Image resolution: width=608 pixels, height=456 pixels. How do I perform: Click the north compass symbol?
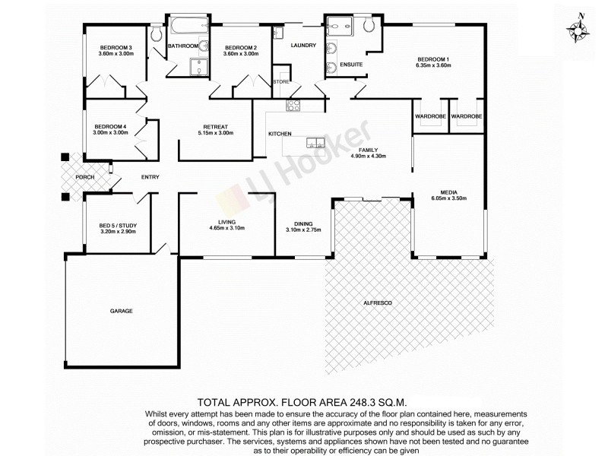579,28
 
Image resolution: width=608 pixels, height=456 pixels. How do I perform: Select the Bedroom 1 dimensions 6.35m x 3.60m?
433,66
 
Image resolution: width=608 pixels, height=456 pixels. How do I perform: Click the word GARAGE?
122,312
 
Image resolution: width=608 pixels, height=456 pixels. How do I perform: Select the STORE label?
281,81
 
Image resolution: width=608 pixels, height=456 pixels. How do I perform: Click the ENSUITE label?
351,64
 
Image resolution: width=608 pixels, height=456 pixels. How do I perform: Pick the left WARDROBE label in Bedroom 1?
429,116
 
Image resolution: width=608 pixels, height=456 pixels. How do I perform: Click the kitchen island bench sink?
312,142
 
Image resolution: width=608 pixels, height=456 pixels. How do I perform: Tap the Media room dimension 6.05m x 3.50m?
448,199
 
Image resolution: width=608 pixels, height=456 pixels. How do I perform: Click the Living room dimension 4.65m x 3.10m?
226,228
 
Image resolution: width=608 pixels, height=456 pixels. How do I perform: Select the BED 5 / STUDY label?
118,225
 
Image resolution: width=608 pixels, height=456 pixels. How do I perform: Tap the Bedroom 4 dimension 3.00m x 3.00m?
111,133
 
